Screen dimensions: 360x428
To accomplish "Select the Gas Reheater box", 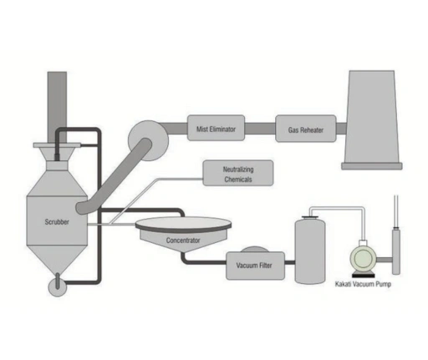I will [x=305, y=129].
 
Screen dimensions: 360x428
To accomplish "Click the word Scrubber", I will [x=57, y=223].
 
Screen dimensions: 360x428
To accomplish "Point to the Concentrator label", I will [x=183, y=241].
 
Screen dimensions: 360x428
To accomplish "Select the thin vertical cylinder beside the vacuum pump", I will [x=396, y=247].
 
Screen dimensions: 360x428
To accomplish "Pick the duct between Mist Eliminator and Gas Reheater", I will [x=261, y=129].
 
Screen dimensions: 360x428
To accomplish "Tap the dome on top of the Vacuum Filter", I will [x=254, y=249].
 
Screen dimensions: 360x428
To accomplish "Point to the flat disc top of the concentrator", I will [x=184, y=224].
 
